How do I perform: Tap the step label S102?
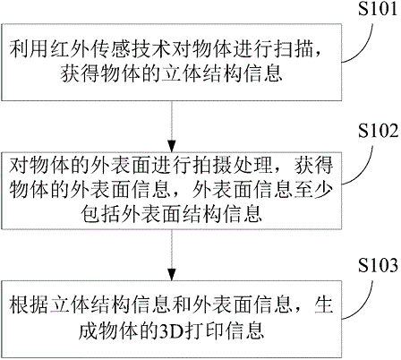[378, 131]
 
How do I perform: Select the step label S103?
[378, 265]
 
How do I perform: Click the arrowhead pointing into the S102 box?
[172, 146]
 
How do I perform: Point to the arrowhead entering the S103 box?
[172, 275]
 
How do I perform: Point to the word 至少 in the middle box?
[313, 189]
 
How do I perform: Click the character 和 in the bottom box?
[182, 305]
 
